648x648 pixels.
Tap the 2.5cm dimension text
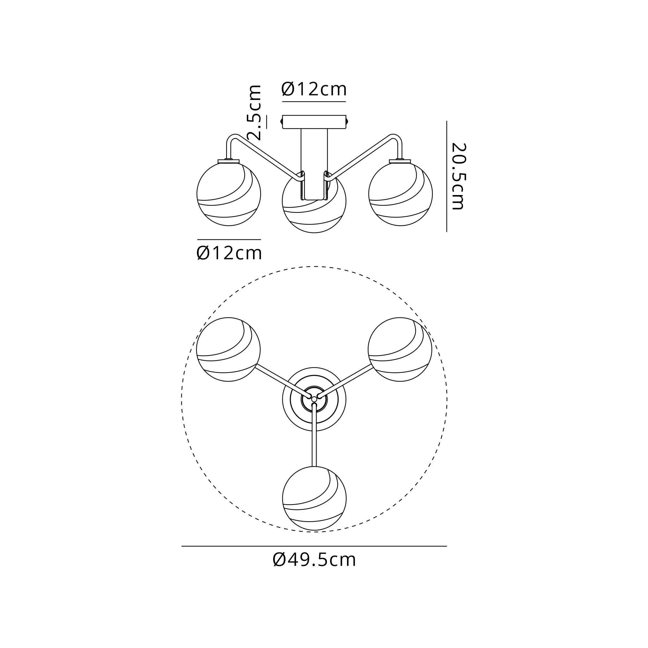pos(254,113)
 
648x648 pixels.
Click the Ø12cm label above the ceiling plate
pos(314,89)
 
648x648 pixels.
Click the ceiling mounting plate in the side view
pos(314,122)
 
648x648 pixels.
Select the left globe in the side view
pos(229,194)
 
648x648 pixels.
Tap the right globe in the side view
pos(400,194)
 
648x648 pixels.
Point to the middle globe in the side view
pos(314,201)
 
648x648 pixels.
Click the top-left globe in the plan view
pos(228,349)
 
